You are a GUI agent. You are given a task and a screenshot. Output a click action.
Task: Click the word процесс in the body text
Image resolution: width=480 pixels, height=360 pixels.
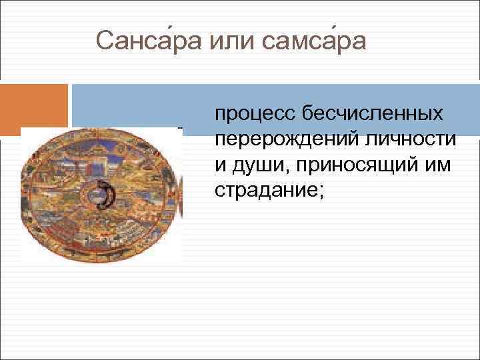pyautogui.click(x=256, y=116)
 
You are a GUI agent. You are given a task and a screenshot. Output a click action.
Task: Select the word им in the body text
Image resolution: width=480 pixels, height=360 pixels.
pyautogui.click(x=437, y=165)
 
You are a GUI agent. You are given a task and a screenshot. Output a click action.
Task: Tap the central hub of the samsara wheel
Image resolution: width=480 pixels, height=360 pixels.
pyautogui.click(x=101, y=194)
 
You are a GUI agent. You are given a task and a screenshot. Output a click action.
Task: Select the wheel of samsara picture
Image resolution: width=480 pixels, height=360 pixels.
pyautogui.click(x=101, y=194)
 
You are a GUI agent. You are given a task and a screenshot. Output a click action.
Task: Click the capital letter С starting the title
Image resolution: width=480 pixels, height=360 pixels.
pyautogui.click(x=104, y=41)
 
